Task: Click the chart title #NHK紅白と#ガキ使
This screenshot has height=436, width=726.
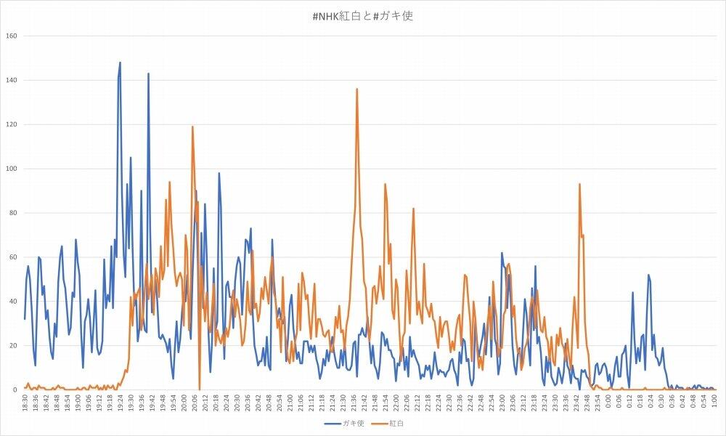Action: tap(362, 15)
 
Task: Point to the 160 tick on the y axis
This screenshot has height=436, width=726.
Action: tap(11, 36)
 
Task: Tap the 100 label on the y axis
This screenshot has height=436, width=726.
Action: tap(11, 169)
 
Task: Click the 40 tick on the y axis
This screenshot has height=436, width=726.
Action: tap(12, 302)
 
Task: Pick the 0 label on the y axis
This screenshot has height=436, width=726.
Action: tap(15, 389)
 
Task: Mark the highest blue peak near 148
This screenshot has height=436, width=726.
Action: tap(120, 62)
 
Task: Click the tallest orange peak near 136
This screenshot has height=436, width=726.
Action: tap(357, 89)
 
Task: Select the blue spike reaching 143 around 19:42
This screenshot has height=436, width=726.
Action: tap(148, 73)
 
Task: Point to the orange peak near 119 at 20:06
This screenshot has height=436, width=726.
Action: tap(192, 126)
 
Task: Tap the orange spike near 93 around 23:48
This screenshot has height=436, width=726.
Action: tap(579, 184)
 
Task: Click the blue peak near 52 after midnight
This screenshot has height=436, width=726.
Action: tap(648, 275)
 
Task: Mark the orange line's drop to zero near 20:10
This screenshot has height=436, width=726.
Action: tap(200, 389)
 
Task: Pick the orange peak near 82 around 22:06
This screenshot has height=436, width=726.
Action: tap(414, 209)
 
